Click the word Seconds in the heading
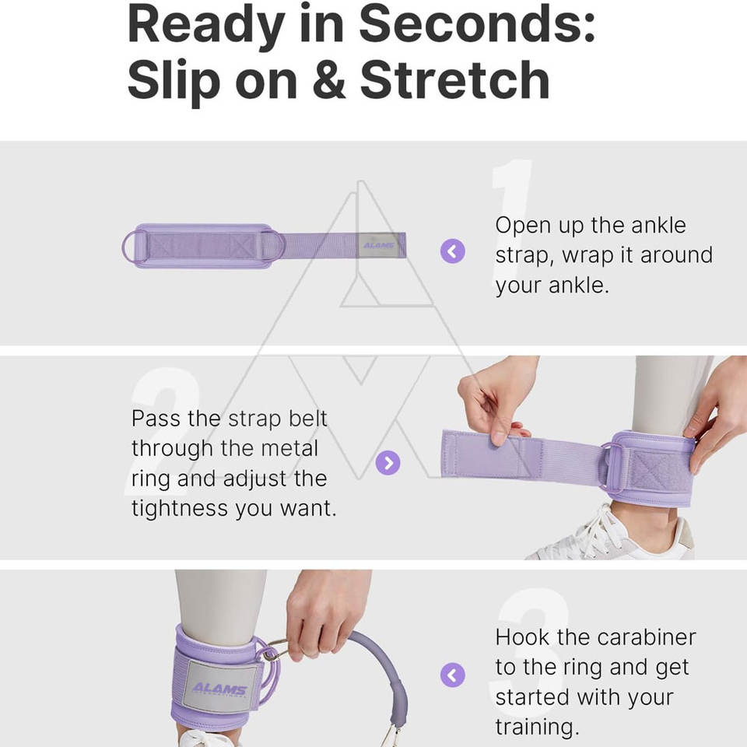tap(476, 24)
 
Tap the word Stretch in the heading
tap(455, 79)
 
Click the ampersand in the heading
tap(328, 80)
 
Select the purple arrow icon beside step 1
tap(453, 251)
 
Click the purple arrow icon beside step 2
tap(388, 462)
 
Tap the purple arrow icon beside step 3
tap(453, 675)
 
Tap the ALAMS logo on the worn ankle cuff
tap(220, 689)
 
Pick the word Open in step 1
tap(523, 226)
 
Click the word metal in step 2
tap(289, 448)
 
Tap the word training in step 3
tap(537, 728)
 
